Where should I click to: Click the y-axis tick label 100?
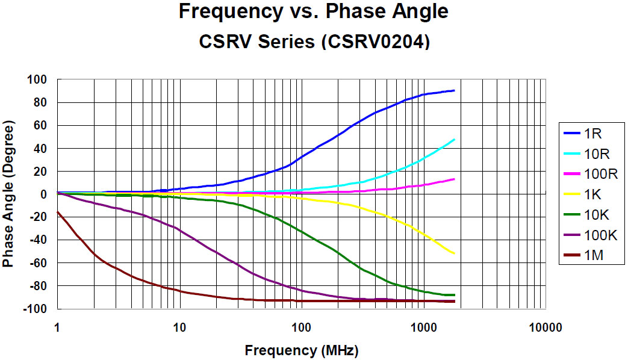(x=38, y=80)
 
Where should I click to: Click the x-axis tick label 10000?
(x=546, y=327)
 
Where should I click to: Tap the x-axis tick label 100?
(x=301, y=327)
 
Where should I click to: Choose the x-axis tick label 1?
(x=57, y=327)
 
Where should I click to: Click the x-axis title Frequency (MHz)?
(x=301, y=350)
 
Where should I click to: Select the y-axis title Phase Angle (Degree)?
(x=8, y=194)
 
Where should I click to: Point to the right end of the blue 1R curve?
(x=454, y=90)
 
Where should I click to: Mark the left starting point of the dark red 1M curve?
(x=57, y=212)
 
